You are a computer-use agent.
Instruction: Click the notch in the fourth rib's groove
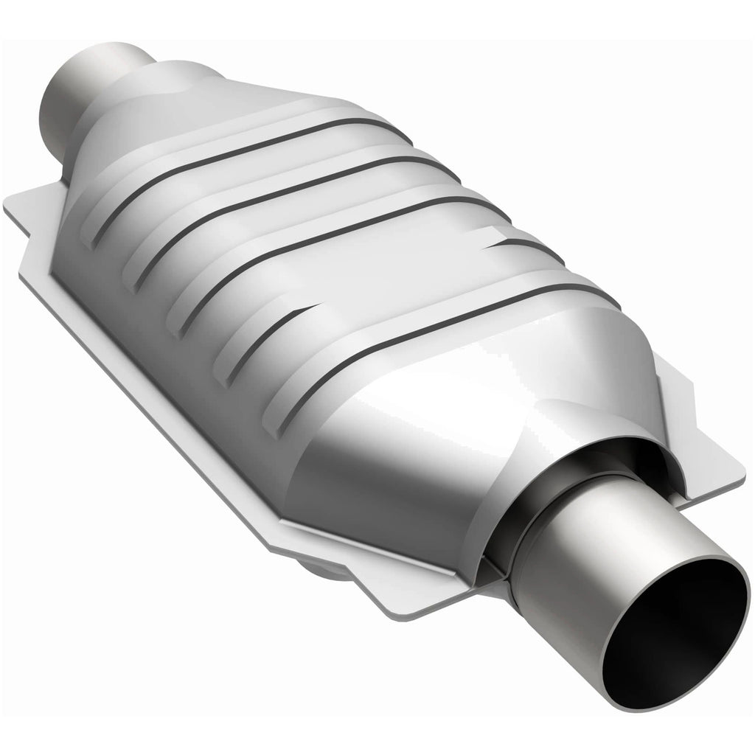(509, 241)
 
